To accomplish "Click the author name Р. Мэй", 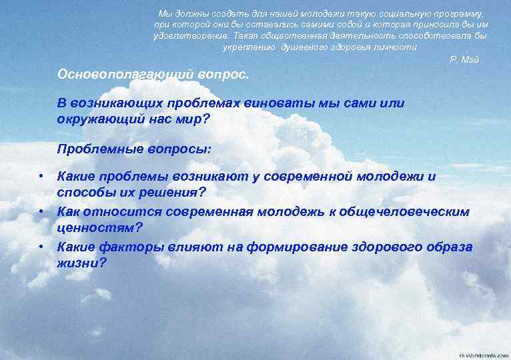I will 465,60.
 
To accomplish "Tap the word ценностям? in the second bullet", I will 99,227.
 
